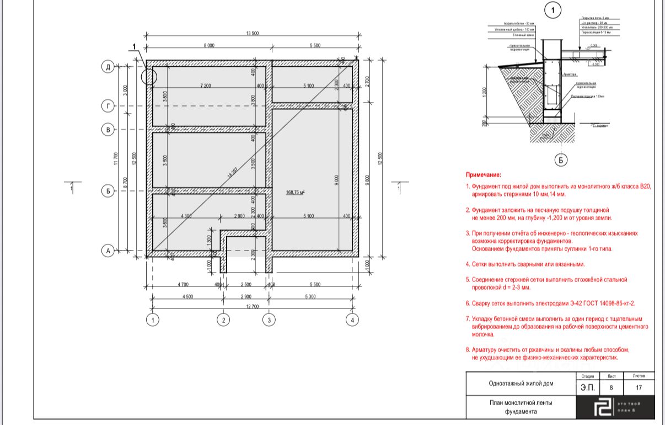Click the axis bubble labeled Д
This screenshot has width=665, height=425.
[x=108, y=67]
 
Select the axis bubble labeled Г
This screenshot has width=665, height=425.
[x=108, y=105]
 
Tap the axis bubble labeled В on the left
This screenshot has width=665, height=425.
[x=108, y=130]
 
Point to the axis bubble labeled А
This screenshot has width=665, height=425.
[x=108, y=251]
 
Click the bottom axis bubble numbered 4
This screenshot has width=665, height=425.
[x=352, y=320]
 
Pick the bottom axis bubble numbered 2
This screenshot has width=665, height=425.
[x=223, y=320]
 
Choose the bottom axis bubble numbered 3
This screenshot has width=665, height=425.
[x=269, y=320]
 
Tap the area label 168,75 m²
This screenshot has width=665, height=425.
[x=296, y=192]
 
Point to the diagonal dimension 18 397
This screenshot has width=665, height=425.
[x=233, y=173]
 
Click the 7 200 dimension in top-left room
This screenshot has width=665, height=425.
[x=206, y=86]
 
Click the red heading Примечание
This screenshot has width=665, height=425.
[x=484, y=174]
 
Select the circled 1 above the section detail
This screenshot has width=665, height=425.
[x=553, y=10]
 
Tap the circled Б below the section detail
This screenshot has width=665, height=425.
[x=561, y=160]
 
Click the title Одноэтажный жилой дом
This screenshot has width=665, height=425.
[x=521, y=384]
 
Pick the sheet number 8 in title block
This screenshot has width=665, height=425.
[x=611, y=387]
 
